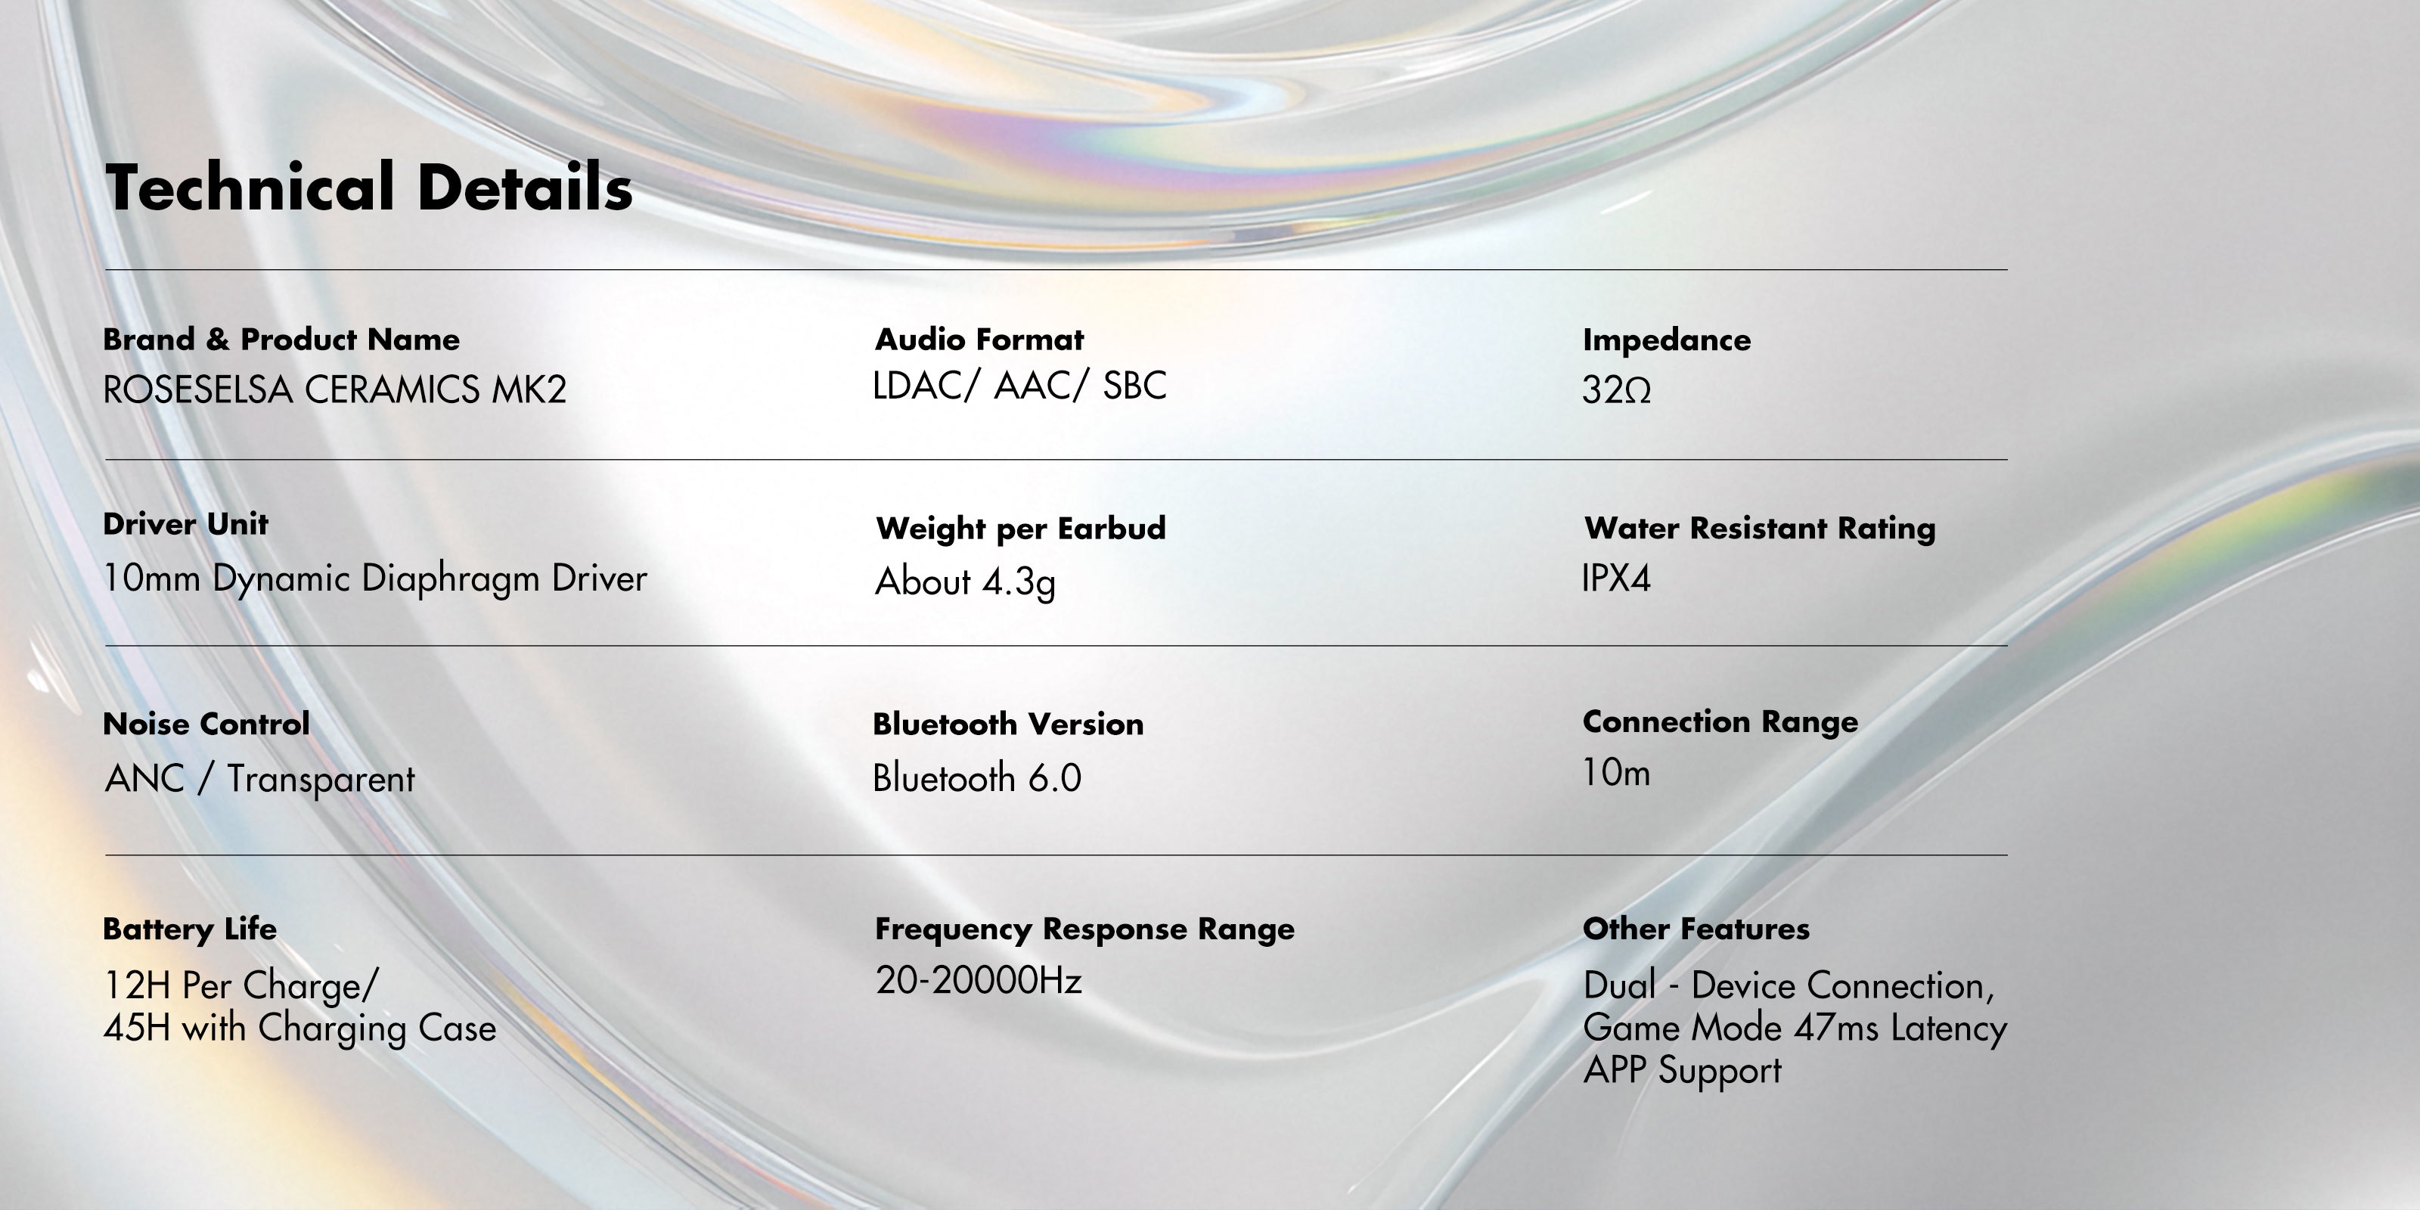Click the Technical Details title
click(x=368, y=187)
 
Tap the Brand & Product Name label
click(x=281, y=339)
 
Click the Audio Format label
click(x=979, y=339)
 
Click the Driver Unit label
click(x=185, y=524)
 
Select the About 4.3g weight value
click(x=965, y=582)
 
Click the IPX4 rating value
click(x=1616, y=578)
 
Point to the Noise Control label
click(x=206, y=724)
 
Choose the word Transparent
click(x=321, y=780)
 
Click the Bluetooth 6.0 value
click(x=977, y=778)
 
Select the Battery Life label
click(x=190, y=929)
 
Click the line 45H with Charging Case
click(x=299, y=1028)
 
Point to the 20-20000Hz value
click(x=978, y=980)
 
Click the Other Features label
click(x=1696, y=929)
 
